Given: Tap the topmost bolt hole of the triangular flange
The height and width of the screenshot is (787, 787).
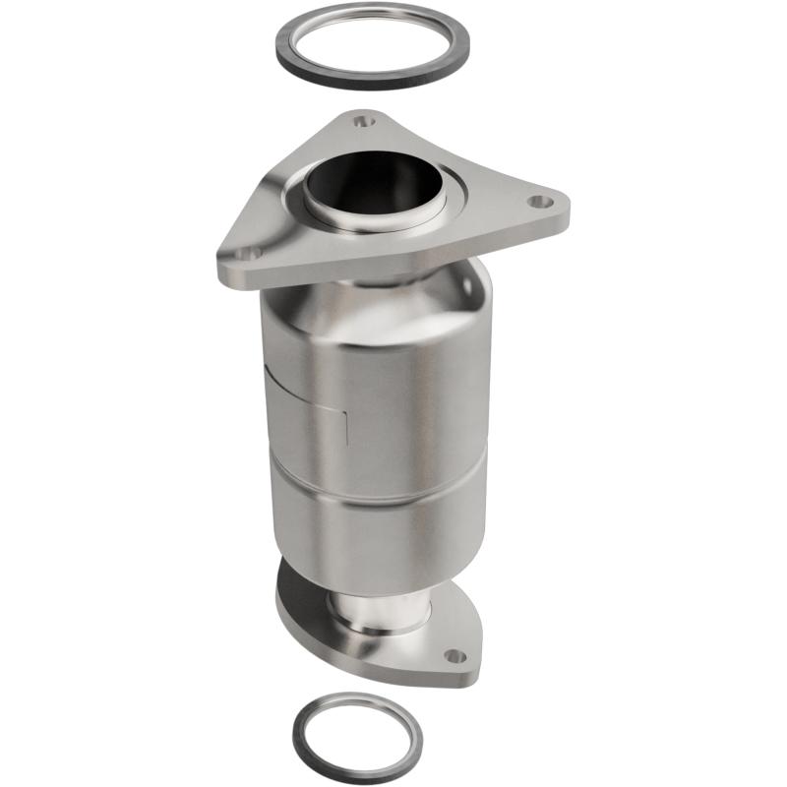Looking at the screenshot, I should (365, 122).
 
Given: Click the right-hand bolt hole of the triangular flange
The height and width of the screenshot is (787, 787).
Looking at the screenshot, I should (537, 201).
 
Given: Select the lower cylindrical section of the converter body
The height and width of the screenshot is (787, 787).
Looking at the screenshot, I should (384, 531).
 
